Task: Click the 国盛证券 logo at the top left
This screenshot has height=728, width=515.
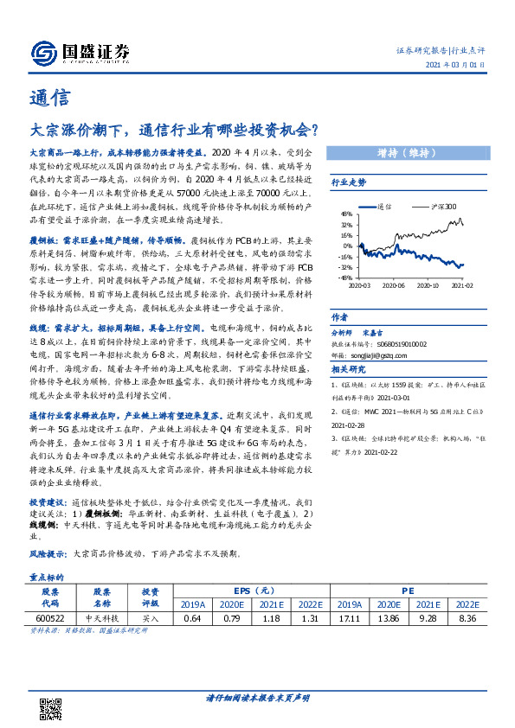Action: click(80, 54)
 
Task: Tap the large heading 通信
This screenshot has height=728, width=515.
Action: click(46, 97)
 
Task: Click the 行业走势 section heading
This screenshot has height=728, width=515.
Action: click(349, 183)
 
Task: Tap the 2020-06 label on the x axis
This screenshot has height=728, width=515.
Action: click(394, 284)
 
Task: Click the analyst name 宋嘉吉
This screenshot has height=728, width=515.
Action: click(373, 332)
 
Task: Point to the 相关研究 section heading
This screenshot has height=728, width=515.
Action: click(349, 369)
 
